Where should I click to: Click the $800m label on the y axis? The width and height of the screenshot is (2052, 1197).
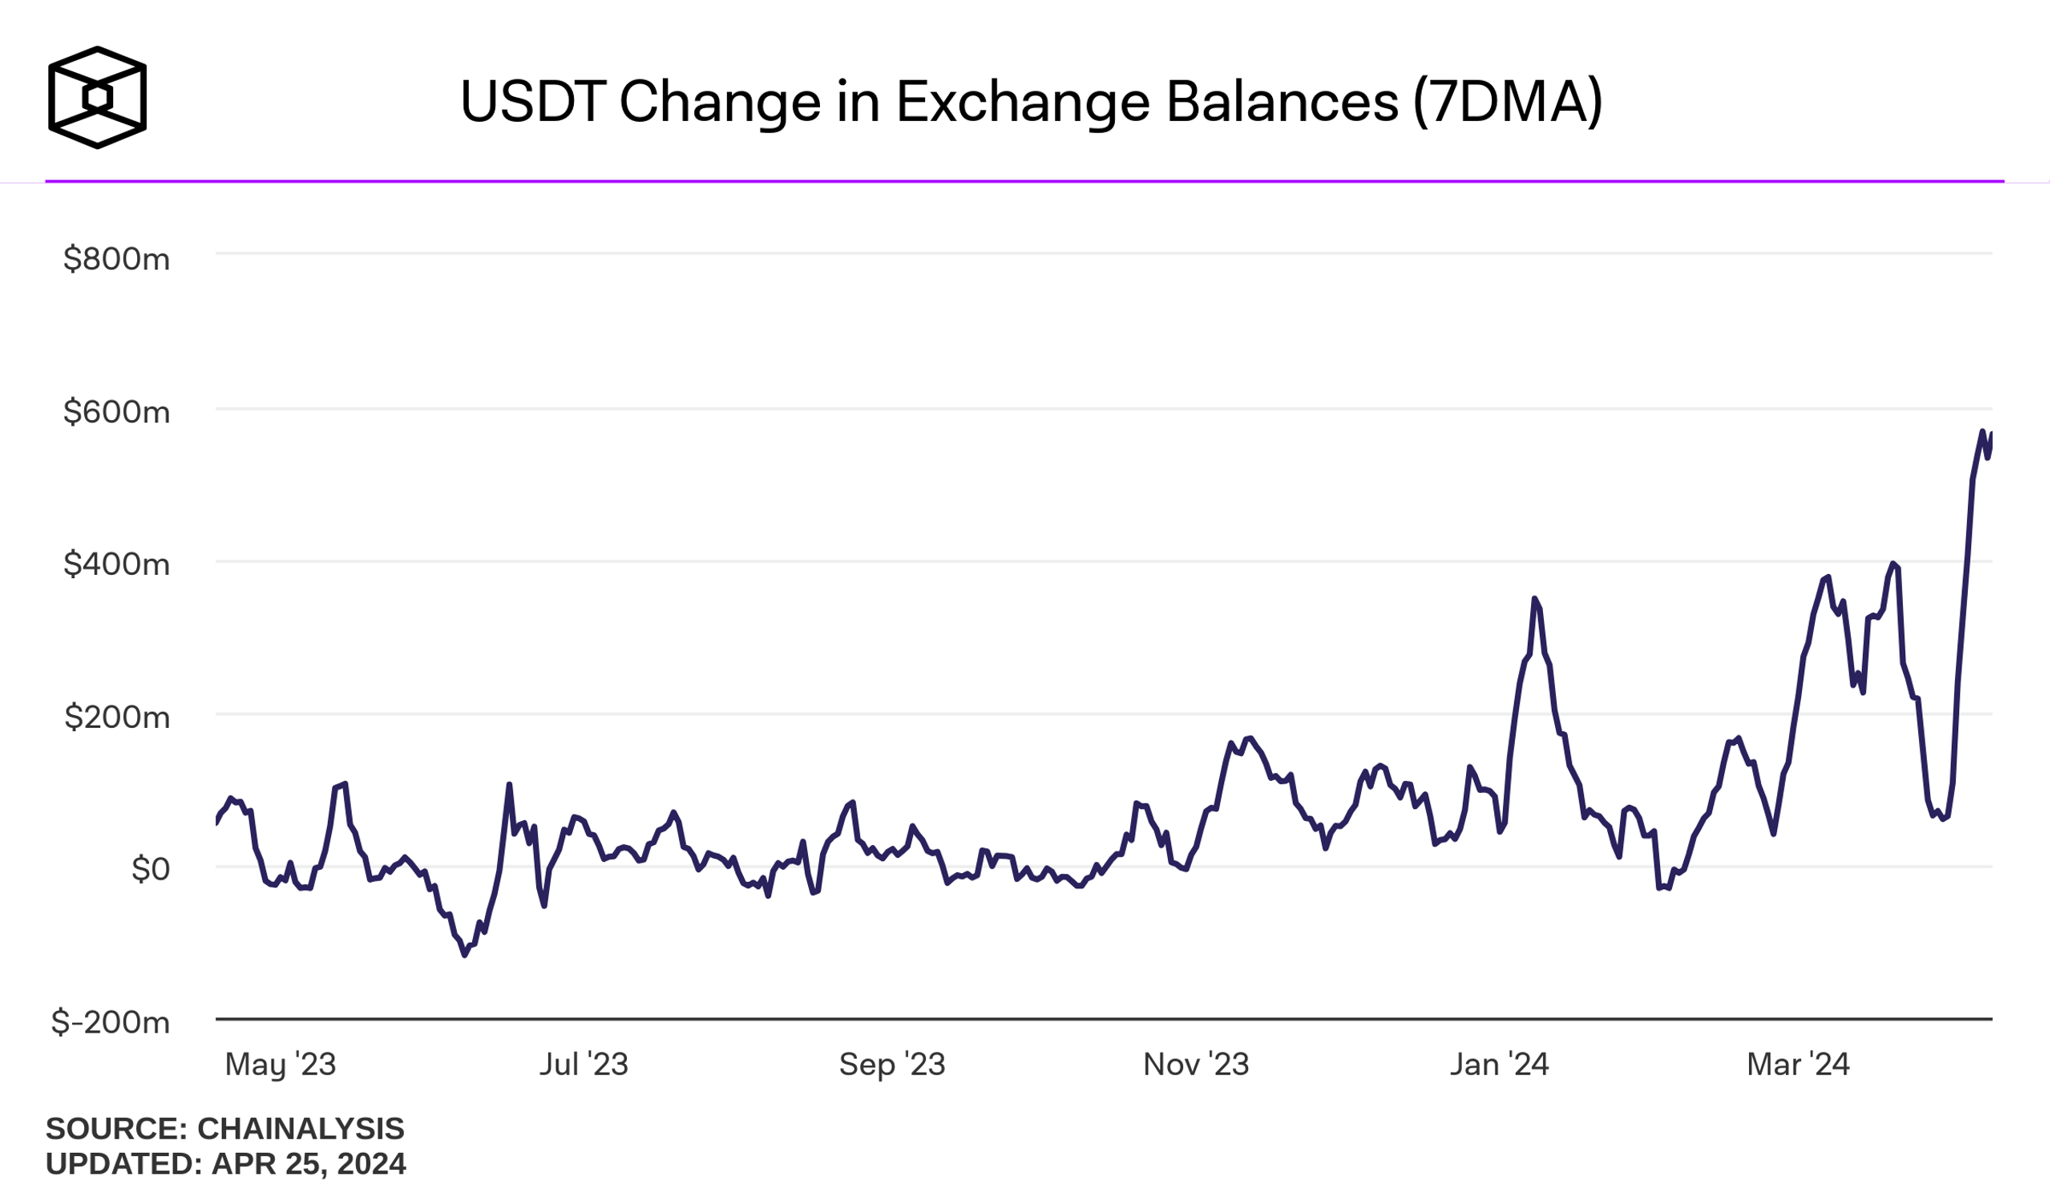point(116,259)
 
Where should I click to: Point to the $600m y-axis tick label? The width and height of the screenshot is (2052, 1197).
point(116,412)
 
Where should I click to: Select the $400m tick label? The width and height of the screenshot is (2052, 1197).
point(116,564)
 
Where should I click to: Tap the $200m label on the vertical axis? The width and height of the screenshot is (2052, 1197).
point(117,717)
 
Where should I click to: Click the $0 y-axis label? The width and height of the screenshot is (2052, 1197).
point(151,869)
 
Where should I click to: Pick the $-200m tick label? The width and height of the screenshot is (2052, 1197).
point(111,1022)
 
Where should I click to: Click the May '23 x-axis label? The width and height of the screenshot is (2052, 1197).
point(280,1064)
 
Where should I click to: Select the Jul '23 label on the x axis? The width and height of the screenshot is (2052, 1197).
point(584,1064)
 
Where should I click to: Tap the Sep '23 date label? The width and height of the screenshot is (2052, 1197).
point(891,1064)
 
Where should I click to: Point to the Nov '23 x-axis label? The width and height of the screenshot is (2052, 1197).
point(1195,1064)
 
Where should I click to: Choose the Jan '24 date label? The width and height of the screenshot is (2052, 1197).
point(1499,1064)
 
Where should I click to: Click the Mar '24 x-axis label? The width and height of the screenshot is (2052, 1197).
point(1798,1064)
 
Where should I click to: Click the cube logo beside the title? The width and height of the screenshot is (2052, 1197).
point(97,98)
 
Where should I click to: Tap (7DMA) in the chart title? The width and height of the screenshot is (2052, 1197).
point(1507,102)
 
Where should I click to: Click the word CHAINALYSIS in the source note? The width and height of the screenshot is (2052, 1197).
point(301,1130)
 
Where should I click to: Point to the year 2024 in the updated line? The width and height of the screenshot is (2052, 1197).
point(370,1164)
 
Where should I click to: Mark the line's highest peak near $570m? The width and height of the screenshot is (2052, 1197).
point(1982,431)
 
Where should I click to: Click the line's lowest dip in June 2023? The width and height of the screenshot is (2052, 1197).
point(465,954)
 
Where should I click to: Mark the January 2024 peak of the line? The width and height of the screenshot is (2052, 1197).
point(1534,600)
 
